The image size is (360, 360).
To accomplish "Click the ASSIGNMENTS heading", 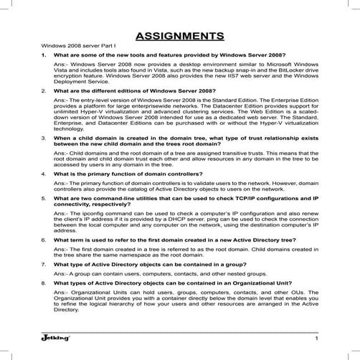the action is click(x=179, y=36).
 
